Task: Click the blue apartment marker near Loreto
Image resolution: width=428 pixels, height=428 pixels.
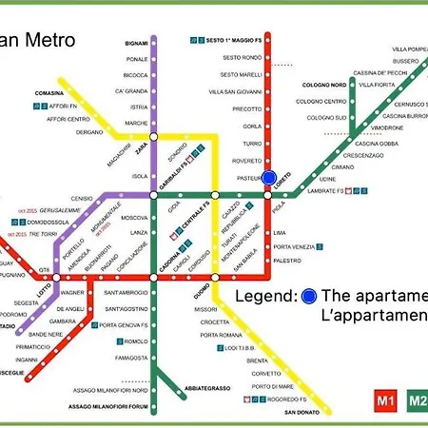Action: point(269,178)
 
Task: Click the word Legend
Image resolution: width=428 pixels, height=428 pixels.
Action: point(266,296)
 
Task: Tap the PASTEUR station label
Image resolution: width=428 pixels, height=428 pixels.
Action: point(248,176)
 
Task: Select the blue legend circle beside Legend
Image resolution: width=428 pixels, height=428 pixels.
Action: point(309,296)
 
